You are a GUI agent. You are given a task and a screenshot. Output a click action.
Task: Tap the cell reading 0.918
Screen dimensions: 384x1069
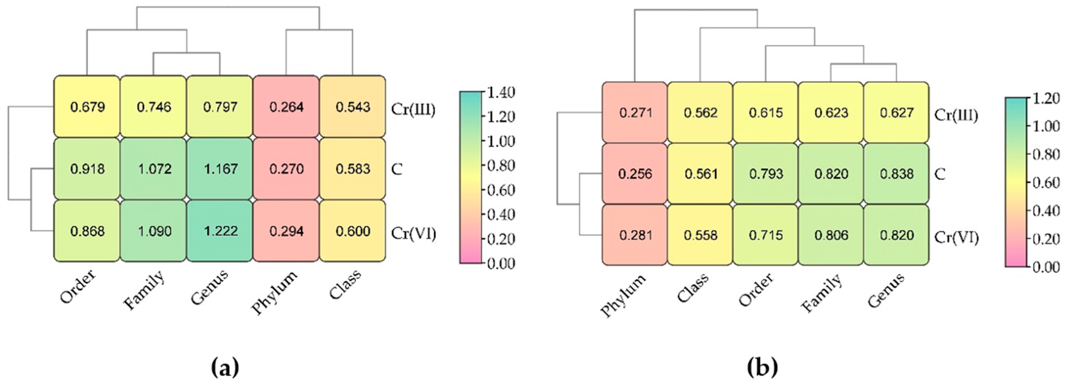(87, 169)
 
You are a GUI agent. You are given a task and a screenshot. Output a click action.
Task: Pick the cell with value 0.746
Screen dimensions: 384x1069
(154, 107)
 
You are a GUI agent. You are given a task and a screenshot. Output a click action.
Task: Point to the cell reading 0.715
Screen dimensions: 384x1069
(766, 235)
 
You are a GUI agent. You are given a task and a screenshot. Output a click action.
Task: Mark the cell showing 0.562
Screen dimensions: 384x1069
(701, 113)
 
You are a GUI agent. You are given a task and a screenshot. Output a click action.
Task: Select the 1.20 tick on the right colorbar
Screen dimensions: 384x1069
(1046, 98)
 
